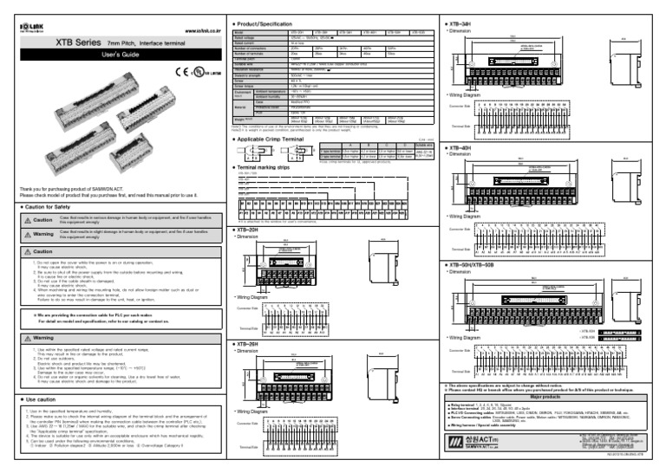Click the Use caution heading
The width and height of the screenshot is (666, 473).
point(39,398)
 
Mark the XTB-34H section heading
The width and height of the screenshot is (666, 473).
point(460,20)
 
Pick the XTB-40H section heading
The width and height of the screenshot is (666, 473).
point(460,148)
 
